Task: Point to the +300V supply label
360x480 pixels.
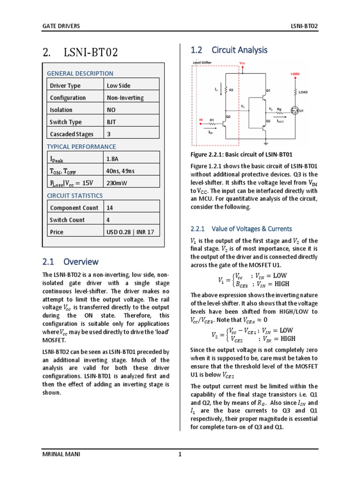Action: tap(295, 74)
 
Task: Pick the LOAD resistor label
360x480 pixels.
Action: tap(303, 92)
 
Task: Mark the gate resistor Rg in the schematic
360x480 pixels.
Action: tap(279, 112)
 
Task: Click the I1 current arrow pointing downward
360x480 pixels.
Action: tap(217, 89)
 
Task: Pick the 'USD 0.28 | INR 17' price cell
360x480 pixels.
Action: tap(130, 232)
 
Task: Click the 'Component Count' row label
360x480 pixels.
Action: tap(74, 208)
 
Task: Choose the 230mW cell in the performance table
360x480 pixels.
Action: tap(116, 183)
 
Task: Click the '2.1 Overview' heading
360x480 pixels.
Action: tap(70, 262)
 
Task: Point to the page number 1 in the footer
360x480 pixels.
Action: tap(180, 453)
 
